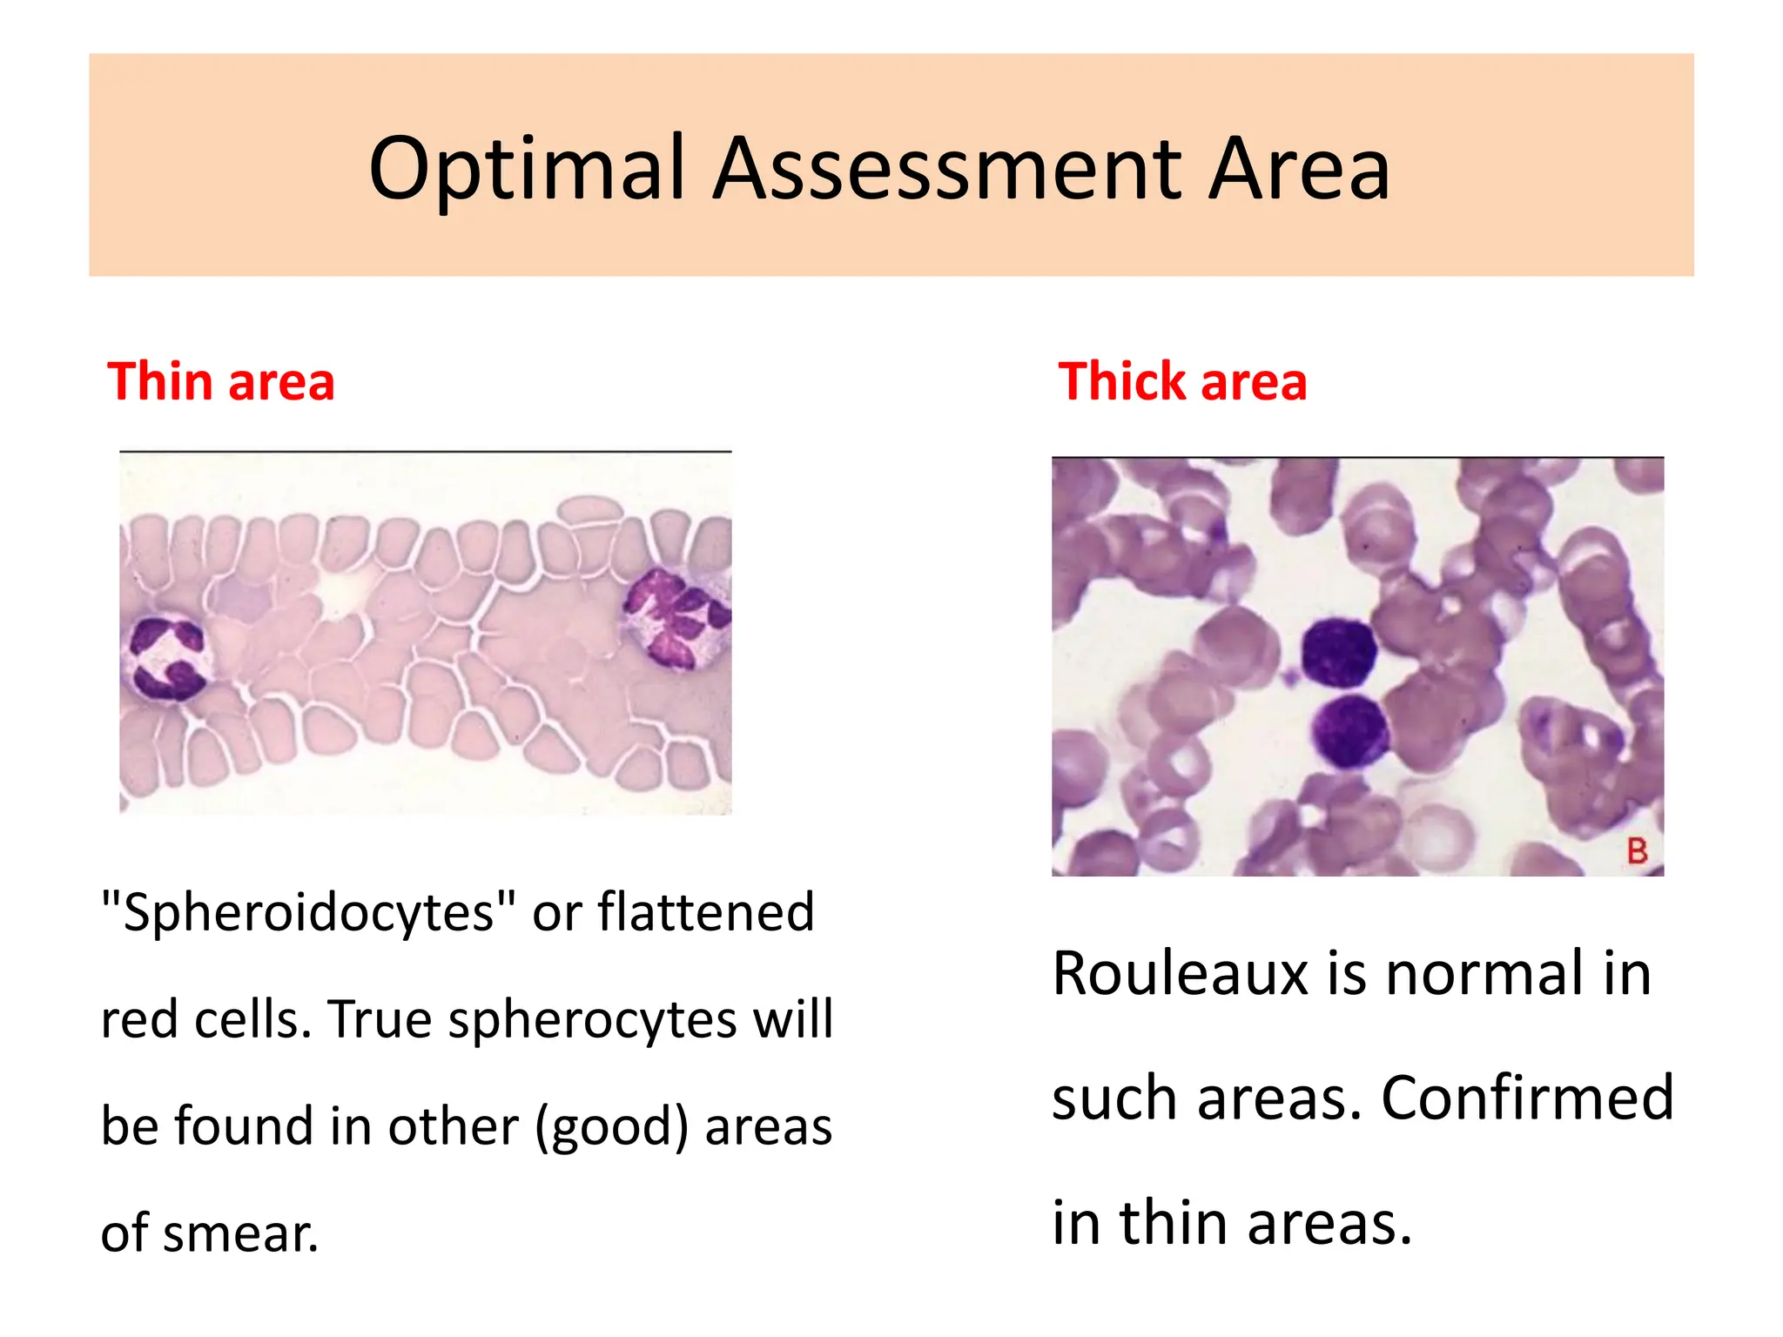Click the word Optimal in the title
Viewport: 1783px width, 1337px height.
point(527,169)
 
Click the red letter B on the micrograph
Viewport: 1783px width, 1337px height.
point(1637,850)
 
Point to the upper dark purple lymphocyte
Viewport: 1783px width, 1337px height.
point(1338,653)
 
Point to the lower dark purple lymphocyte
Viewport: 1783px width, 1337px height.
point(1349,731)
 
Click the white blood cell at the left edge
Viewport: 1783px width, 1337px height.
point(168,658)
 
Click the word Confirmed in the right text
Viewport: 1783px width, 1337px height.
point(1527,1098)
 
